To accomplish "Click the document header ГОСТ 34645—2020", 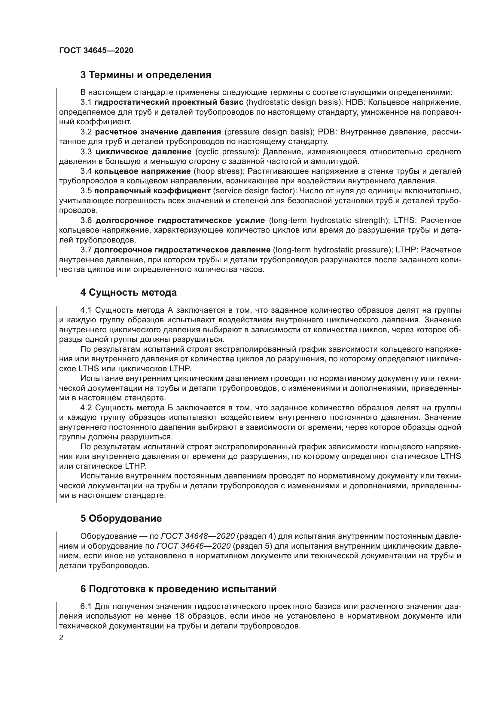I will pos(96,50).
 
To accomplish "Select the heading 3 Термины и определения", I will pos(146,75).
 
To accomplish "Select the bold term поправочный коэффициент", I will pos(152,191).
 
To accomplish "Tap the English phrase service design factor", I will pos(255,191).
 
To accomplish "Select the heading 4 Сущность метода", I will pos(129,293).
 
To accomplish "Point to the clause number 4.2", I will pos(86,408).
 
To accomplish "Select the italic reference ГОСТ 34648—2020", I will pos(198,536).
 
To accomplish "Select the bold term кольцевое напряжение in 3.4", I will pos(142,171).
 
